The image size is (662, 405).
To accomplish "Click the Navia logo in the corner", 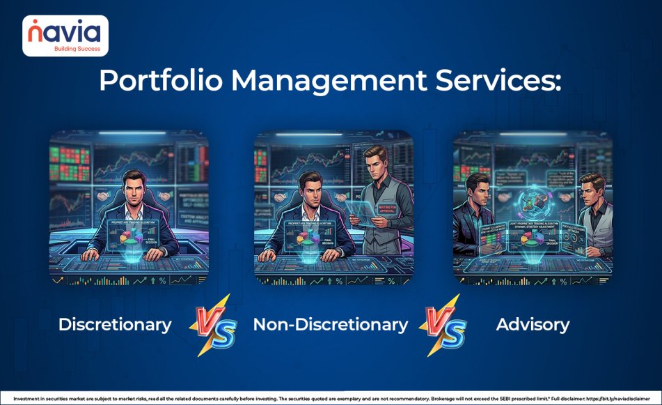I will (65, 36).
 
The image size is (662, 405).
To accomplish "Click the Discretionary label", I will (115, 324).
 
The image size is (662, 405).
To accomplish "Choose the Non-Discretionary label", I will (331, 324).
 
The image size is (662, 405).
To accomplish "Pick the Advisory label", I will (533, 324).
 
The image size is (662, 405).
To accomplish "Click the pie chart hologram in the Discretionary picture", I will (127, 235).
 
